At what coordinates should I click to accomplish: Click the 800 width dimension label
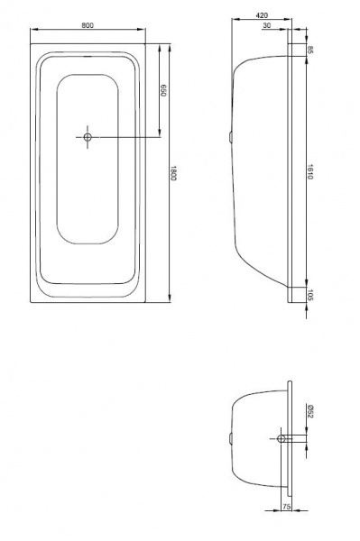(x=88, y=25)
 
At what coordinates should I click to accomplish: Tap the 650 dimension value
(x=163, y=90)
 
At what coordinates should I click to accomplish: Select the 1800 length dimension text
(x=173, y=173)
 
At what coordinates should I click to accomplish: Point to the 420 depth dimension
(x=262, y=15)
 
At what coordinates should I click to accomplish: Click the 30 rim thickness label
(x=267, y=25)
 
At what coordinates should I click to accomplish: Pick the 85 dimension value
(x=309, y=50)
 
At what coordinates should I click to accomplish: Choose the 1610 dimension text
(x=309, y=172)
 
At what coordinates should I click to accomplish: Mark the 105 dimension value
(x=309, y=295)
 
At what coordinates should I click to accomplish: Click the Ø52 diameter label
(x=309, y=411)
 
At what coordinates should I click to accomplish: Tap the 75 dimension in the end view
(x=287, y=507)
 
